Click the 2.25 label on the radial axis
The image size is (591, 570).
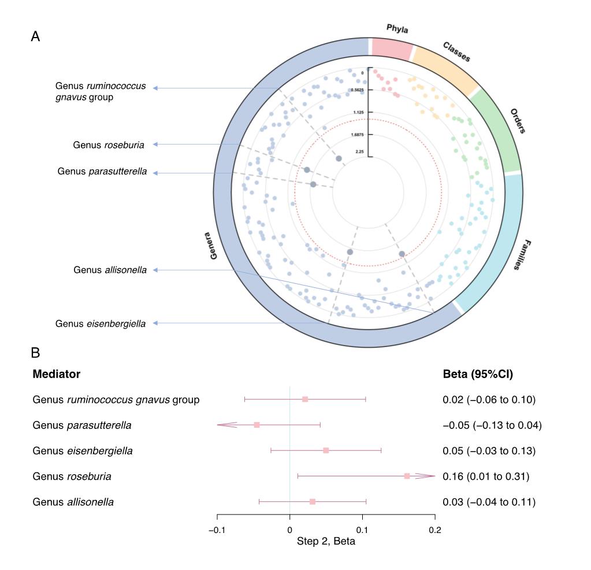click(359, 151)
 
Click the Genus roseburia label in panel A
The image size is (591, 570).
click(109, 145)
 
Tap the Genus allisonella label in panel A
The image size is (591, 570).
click(110, 270)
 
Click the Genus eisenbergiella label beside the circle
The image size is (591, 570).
click(101, 324)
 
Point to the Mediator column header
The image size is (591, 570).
click(56, 374)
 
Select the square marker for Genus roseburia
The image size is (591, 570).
click(407, 476)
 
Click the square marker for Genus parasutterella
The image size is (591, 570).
click(257, 425)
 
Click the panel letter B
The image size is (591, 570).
click(35, 352)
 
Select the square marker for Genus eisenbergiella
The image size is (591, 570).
click(326, 450)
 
